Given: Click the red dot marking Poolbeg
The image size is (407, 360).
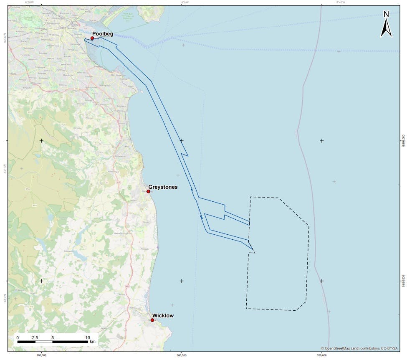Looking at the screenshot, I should pyautogui.click(x=92, y=38).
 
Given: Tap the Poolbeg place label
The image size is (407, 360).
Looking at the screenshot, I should pyautogui.click(x=103, y=33).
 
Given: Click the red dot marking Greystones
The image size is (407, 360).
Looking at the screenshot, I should pyautogui.click(x=148, y=191).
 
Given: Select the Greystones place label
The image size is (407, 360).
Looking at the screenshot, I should pyautogui.click(x=163, y=187).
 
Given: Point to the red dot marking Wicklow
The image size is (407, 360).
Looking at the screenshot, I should pyautogui.click(x=152, y=320).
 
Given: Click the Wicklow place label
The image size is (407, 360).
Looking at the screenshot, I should pyautogui.click(x=163, y=316).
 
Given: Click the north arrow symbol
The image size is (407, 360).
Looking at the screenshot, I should pyautogui.click(x=386, y=28).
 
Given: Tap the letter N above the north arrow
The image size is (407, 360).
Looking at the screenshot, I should pyautogui.click(x=386, y=14).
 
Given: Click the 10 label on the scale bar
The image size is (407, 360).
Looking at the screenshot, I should pyautogui.click(x=88, y=337).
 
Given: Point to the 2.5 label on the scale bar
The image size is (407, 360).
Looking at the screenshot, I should pyautogui.click(x=35, y=337).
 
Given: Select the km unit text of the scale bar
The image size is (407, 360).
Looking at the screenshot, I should pyautogui.click(x=92, y=342).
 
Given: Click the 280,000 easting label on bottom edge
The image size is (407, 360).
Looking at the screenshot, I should pyautogui.click(x=41, y=356).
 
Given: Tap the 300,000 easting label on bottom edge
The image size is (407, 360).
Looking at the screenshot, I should pyautogui.click(x=182, y=356).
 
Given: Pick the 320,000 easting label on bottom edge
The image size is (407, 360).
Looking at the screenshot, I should pyautogui.click(x=322, y=356).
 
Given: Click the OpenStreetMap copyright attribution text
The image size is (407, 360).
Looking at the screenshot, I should pyautogui.click(x=360, y=348).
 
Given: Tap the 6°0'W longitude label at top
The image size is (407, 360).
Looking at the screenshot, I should pyautogui.click(x=185, y=3).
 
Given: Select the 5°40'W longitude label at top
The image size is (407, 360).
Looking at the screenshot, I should pyautogui.click(x=341, y=3).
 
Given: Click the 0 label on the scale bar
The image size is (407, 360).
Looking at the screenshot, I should pyautogui.click(x=18, y=337).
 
